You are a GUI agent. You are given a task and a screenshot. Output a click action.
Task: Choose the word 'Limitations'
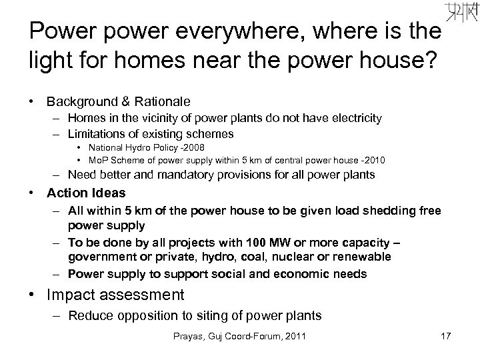(98, 134)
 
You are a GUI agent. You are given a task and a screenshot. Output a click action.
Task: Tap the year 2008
(192, 147)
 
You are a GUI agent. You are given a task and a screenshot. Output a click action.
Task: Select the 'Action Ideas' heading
(86, 193)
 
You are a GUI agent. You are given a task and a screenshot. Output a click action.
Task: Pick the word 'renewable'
(361, 257)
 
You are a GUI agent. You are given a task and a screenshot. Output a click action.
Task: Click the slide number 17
(445, 337)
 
